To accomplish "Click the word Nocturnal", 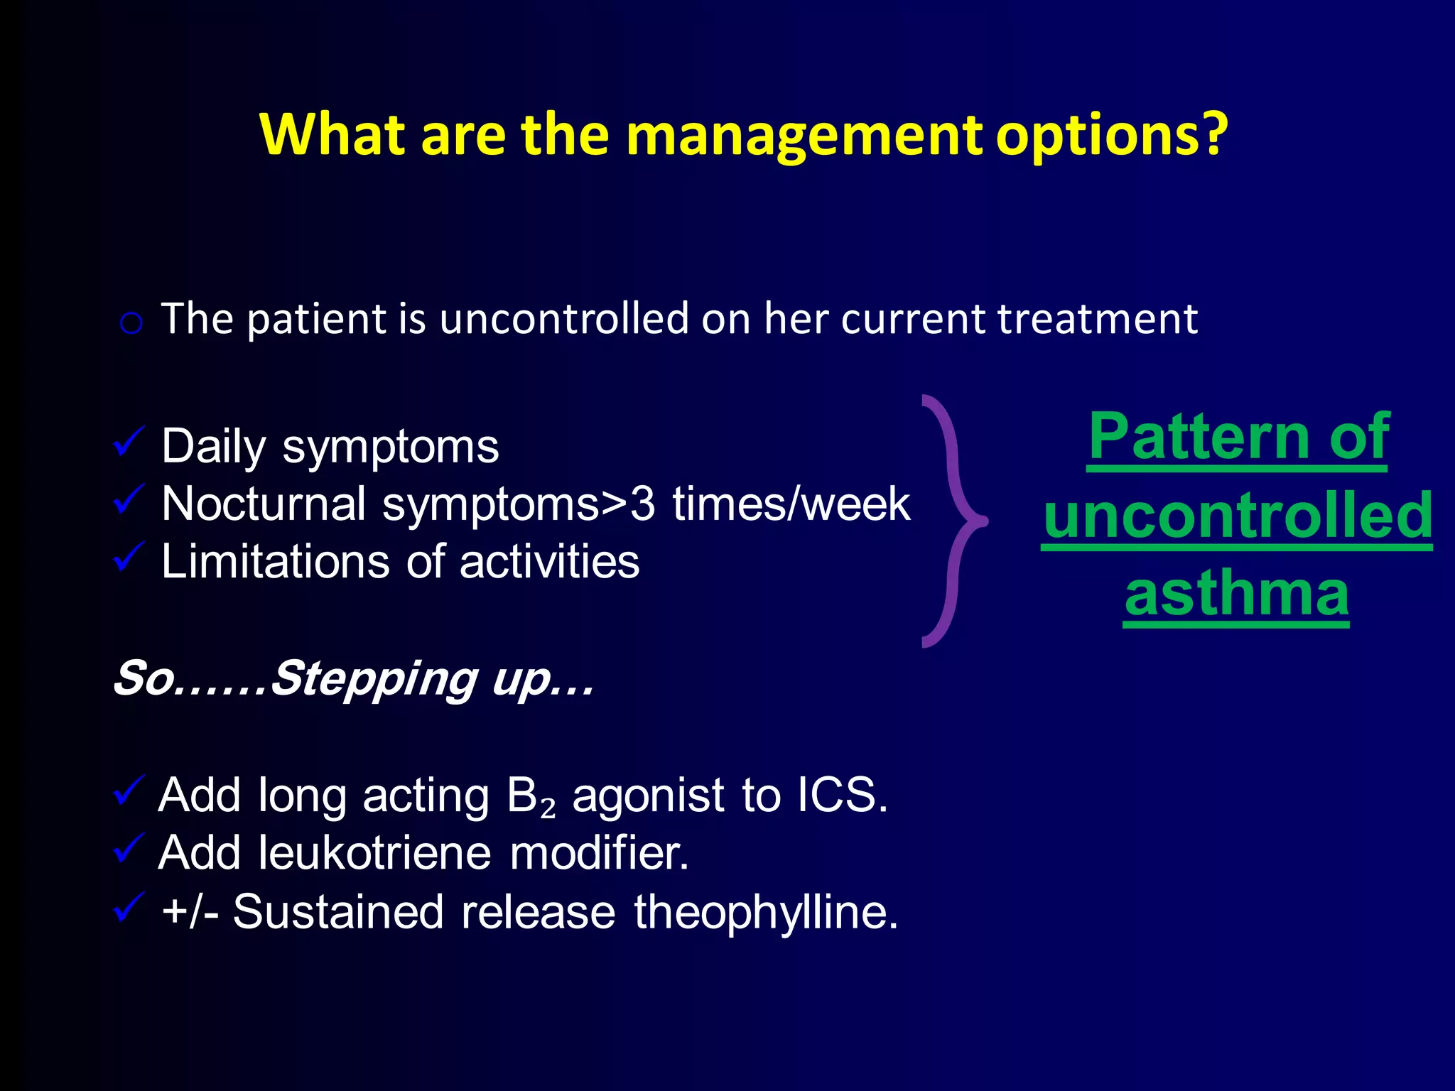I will [264, 504].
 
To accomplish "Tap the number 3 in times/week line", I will [642, 504].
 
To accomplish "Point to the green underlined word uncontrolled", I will [1237, 515].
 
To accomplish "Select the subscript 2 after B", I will [547, 808].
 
